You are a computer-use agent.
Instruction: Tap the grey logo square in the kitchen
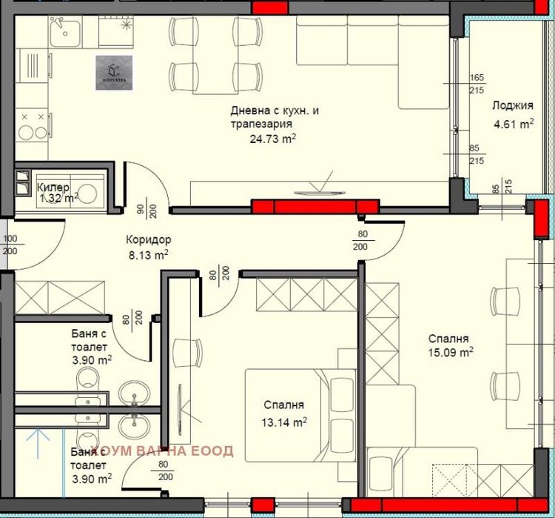click(x=115, y=73)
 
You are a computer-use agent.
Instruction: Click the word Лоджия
click(x=513, y=105)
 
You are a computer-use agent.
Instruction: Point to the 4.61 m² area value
click(x=514, y=124)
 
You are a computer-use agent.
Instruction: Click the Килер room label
click(x=53, y=187)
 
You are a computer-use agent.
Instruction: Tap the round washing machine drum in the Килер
click(x=87, y=194)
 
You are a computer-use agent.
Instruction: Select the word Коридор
click(x=148, y=240)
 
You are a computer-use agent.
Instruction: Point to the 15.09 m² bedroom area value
click(x=451, y=353)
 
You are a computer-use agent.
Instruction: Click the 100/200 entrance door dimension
click(x=10, y=245)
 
